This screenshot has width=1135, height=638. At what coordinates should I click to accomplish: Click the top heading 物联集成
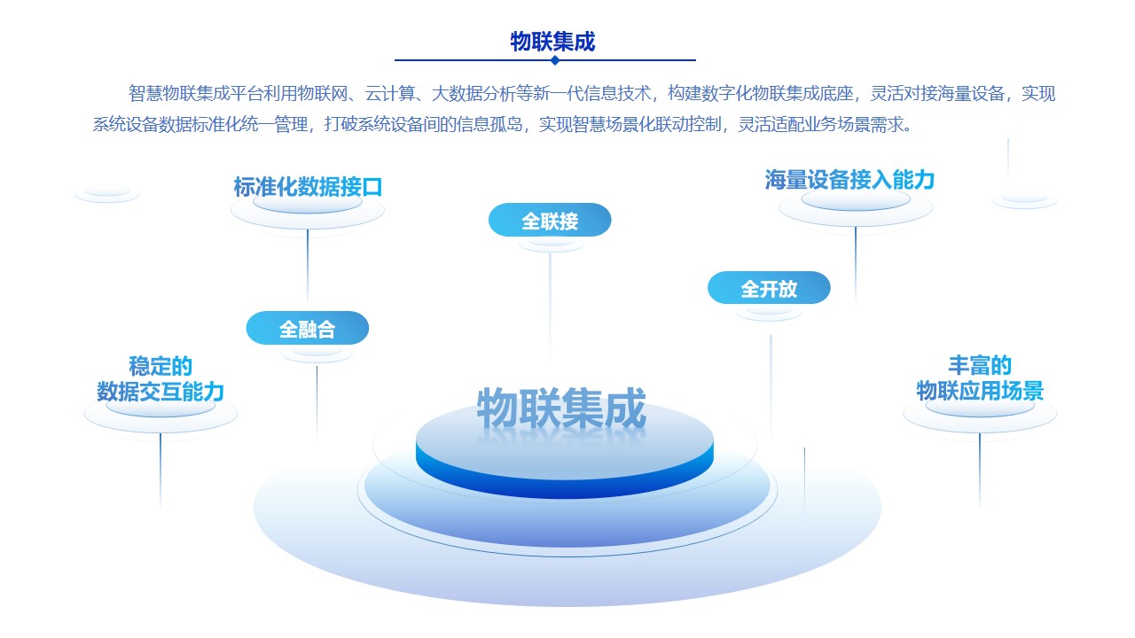click(x=552, y=41)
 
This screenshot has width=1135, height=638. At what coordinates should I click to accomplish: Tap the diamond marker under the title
click(x=555, y=60)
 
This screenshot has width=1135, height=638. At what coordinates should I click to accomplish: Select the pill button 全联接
click(x=550, y=220)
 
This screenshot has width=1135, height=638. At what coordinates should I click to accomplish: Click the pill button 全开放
click(x=769, y=288)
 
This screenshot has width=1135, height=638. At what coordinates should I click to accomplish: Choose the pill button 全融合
click(x=307, y=328)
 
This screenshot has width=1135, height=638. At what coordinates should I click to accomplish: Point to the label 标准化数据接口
click(x=308, y=187)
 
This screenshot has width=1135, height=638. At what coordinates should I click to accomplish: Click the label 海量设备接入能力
click(x=849, y=180)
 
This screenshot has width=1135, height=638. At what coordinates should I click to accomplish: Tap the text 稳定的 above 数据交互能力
click(x=160, y=366)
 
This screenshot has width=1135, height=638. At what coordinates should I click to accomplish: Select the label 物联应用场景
click(x=980, y=391)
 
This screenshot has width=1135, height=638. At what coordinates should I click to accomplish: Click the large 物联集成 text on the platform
click(x=561, y=408)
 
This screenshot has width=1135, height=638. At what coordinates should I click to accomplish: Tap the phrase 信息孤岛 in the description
click(x=489, y=124)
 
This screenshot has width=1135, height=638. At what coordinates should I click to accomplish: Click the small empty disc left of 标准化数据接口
click(x=106, y=194)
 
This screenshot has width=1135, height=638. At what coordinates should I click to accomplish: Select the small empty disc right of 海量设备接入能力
click(x=1024, y=200)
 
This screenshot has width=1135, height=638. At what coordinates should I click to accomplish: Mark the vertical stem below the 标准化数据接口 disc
click(x=308, y=267)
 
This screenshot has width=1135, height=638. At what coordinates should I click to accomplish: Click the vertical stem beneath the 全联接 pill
click(x=551, y=304)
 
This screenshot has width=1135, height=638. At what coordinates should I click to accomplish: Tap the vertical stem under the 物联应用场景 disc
click(x=980, y=470)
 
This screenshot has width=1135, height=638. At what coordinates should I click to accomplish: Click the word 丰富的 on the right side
click(x=980, y=364)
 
